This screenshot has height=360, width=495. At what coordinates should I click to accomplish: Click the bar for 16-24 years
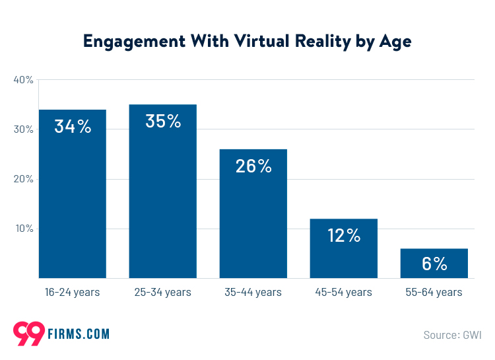click(x=73, y=198)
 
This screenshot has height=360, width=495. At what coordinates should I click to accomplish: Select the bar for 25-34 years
click(x=162, y=198)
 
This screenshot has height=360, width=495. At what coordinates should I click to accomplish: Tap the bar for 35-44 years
click(x=253, y=218)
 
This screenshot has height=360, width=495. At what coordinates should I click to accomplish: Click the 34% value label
click(x=73, y=127)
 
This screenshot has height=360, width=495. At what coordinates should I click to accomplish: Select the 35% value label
click(x=162, y=122)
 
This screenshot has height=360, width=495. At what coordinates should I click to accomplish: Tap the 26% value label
click(x=253, y=166)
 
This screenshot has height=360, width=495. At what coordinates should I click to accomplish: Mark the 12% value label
click(x=344, y=235)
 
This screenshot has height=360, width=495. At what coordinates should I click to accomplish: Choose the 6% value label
click(x=434, y=264)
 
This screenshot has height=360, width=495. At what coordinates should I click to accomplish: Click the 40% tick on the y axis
click(x=23, y=80)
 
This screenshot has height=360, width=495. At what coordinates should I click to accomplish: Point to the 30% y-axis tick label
click(x=23, y=129)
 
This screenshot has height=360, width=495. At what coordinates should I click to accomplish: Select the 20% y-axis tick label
click(x=23, y=179)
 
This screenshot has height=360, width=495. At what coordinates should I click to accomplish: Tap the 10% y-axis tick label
click(x=23, y=229)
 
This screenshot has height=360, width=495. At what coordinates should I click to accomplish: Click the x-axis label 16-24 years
click(x=73, y=292)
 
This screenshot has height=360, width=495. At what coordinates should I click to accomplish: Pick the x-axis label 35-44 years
click(x=253, y=292)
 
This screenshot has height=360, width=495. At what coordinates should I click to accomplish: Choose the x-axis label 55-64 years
click(x=434, y=292)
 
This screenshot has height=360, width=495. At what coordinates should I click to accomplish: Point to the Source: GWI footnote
click(x=452, y=335)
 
